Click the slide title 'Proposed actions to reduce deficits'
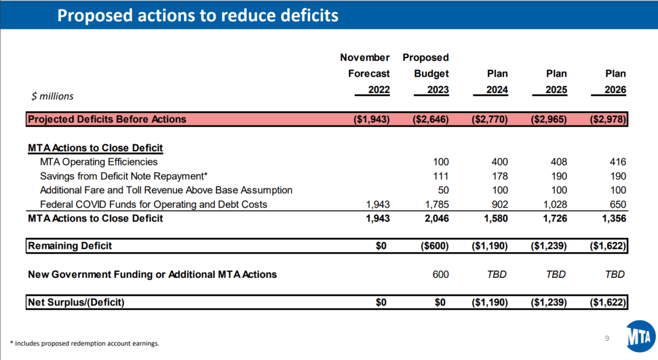198,15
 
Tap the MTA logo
640,336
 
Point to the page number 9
607,338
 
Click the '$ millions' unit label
52,96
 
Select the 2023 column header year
438,89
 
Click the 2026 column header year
615,89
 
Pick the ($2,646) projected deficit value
430,119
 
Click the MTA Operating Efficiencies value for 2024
500,162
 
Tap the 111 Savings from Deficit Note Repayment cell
441,176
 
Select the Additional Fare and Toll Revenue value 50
443,190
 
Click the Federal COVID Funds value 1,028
555,204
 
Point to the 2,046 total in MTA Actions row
437,219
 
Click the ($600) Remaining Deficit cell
434,246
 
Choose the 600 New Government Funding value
440,275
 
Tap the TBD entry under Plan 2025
556,275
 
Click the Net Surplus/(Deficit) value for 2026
608,302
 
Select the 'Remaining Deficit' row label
70,246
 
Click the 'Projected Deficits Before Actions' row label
107,119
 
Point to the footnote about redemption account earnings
84,343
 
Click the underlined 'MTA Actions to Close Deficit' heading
95,148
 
